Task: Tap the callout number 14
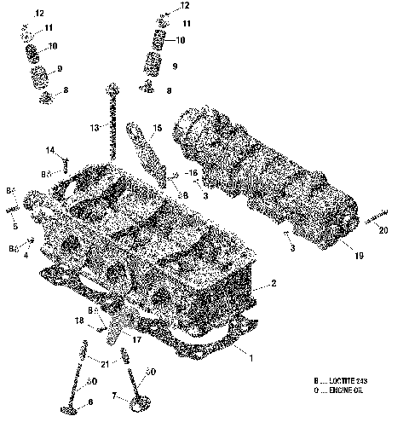tap(50, 151)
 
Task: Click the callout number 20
tap(383, 230)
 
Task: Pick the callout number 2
tap(273, 283)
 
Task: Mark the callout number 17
tap(135, 339)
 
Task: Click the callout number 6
tap(89, 402)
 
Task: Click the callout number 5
tap(13, 227)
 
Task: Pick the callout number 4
tap(26, 254)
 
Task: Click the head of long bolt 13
tap(112, 87)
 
